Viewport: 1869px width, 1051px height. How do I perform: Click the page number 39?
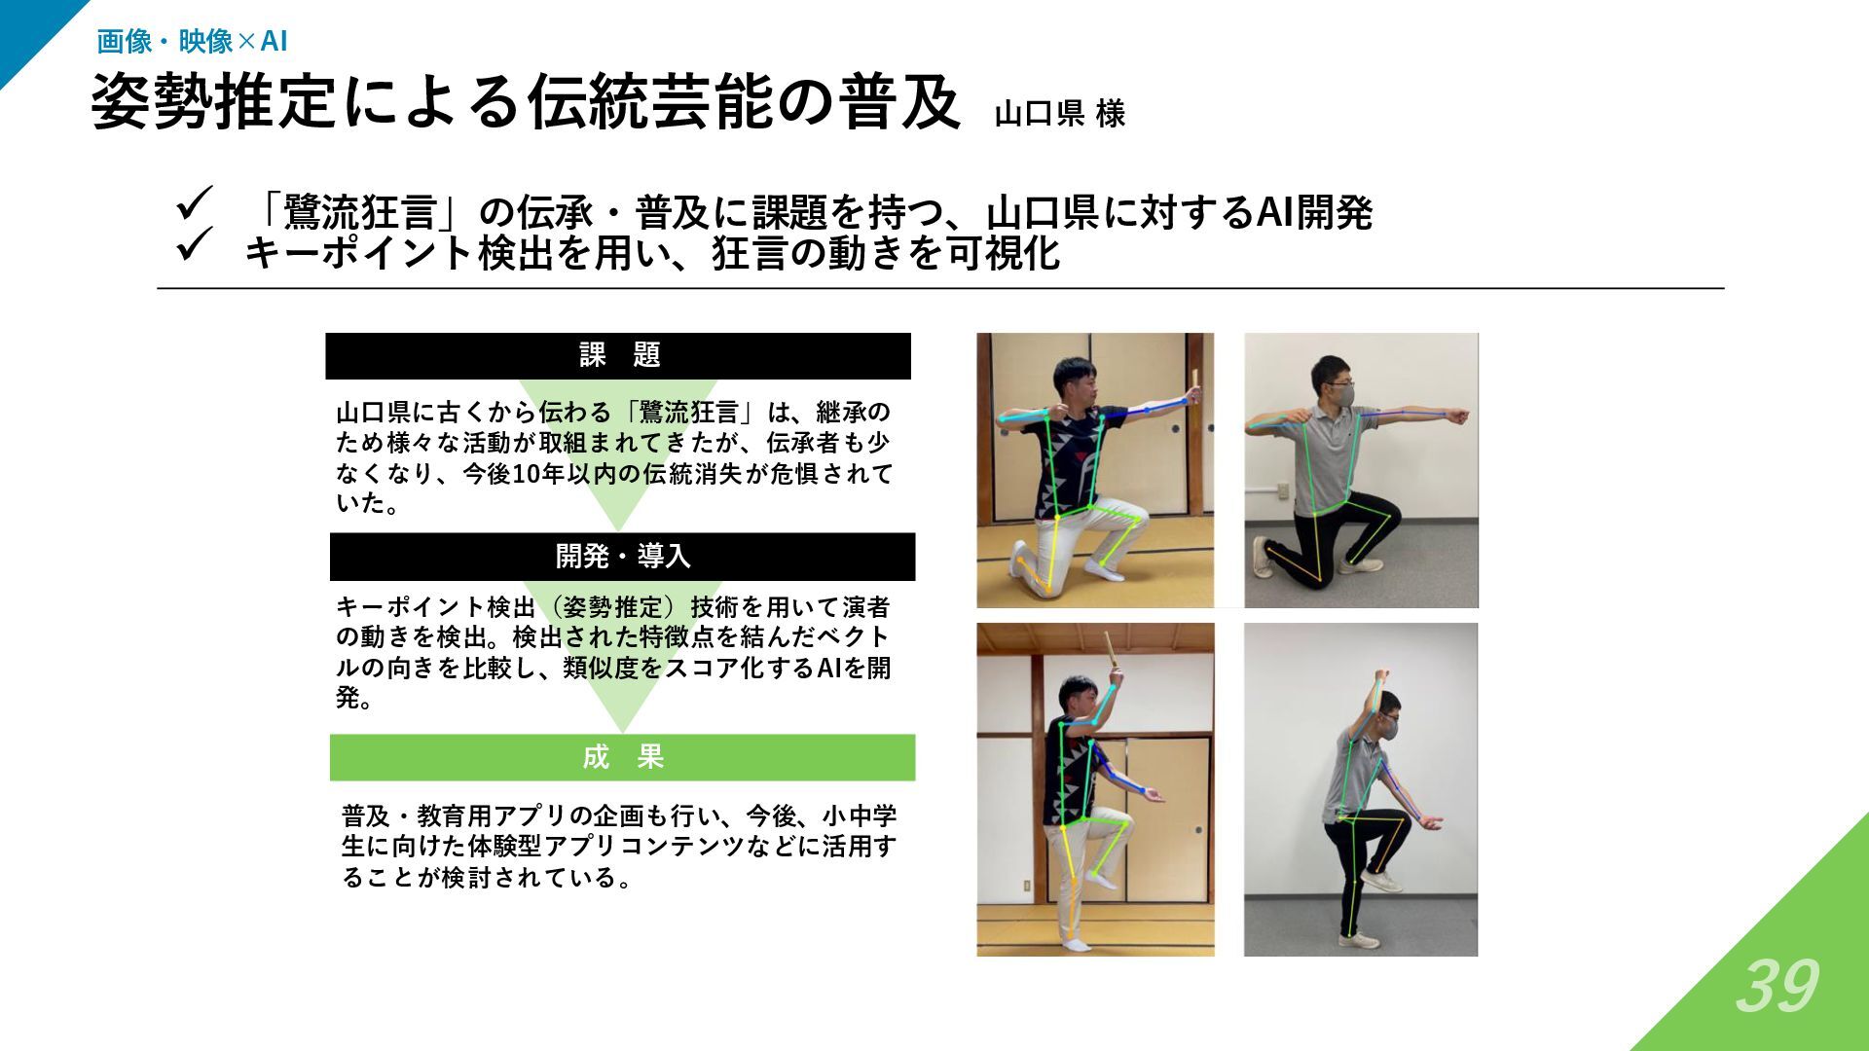click(x=1777, y=987)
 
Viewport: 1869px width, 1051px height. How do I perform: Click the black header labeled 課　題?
click(x=618, y=356)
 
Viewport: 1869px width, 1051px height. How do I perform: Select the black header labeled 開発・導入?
click(x=622, y=557)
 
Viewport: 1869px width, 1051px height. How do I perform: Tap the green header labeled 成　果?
click(x=622, y=757)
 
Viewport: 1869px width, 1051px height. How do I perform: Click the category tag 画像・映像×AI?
click(x=192, y=41)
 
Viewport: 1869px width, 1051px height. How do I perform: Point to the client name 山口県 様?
click(x=1060, y=114)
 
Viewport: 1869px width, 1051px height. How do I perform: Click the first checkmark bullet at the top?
click(x=195, y=204)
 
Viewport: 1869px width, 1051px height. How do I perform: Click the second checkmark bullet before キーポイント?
click(x=195, y=244)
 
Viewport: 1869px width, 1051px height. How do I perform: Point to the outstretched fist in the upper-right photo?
click(x=1456, y=416)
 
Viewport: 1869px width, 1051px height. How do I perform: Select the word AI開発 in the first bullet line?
click(x=1314, y=212)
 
